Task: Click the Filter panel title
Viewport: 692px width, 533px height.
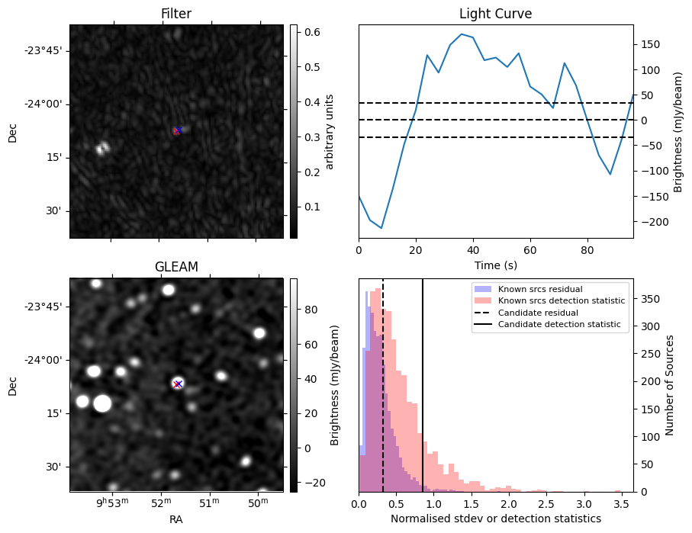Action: pyautogui.click(x=176, y=14)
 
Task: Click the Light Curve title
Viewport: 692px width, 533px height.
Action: pyautogui.click(x=495, y=14)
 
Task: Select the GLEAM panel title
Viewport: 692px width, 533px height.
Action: pyautogui.click(x=176, y=267)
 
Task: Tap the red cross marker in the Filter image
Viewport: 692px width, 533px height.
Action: pyautogui.click(x=177, y=131)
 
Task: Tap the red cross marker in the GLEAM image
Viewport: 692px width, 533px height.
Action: pyautogui.click(x=178, y=384)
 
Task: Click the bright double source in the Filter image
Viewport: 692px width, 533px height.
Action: pyautogui.click(x=101, y=148)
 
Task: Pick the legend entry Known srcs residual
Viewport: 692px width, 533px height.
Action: pyautogui.click(x=540, y=290)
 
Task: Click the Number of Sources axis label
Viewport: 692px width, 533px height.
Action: pyautogui.click(x=670, y=385)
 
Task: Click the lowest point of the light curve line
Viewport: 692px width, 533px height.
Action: pyautogui.click(x=381, y=228)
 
